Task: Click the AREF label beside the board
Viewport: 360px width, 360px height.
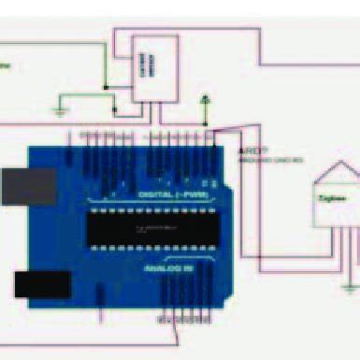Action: coord(248,150)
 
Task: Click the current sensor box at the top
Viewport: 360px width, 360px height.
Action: coord(154,68)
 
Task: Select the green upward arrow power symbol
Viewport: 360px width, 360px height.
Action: coord(207,97)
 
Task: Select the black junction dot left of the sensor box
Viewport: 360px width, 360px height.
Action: coord(106,88)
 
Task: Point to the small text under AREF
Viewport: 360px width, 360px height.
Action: coord(271,160)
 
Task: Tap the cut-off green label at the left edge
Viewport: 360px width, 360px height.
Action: coord(6,66)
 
